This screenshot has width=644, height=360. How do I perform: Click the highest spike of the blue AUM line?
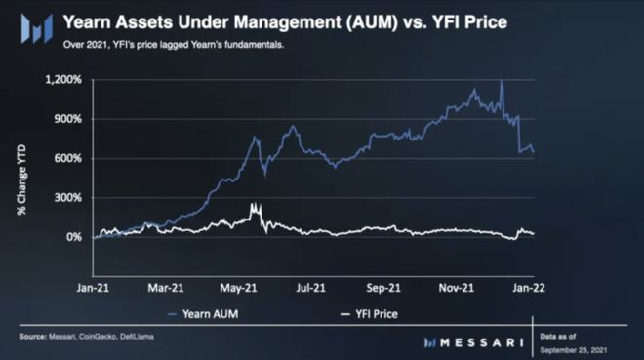501,82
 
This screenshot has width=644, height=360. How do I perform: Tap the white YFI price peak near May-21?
253,205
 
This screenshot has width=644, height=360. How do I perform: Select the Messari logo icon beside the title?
40,29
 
